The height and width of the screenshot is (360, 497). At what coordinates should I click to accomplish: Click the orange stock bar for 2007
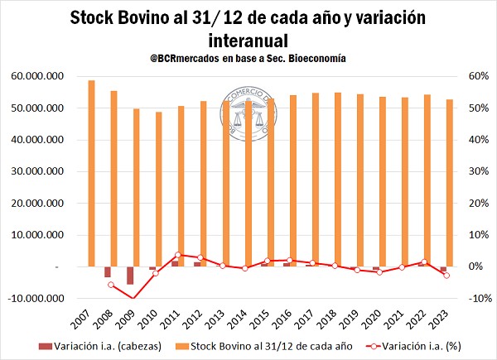point(91,174)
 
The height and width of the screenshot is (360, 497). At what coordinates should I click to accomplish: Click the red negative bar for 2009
point(130,276)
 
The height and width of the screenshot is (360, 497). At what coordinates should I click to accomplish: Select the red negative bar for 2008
point(108,272)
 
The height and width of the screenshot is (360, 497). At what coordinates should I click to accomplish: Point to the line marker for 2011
point(177,255)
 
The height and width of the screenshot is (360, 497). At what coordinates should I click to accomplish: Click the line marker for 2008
point(110,285)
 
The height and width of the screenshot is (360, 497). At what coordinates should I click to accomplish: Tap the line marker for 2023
point(446,276)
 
